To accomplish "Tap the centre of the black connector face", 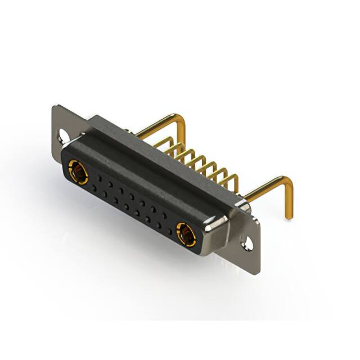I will [129, 200].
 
